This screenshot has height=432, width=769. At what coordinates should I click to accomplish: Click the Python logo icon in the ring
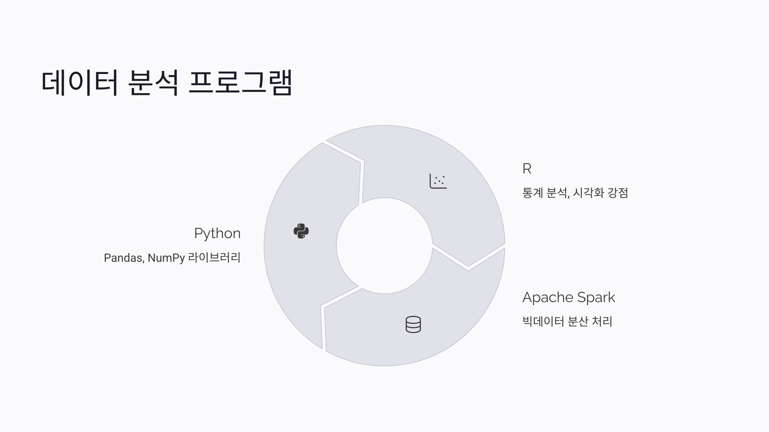[x=301, y=231]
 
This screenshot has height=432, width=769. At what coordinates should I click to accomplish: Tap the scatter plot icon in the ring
[x=438, y=181]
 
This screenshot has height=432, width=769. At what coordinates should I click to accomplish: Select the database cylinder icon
[x=413, y=324]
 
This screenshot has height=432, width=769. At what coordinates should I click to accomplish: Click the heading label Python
[x=217, y=233]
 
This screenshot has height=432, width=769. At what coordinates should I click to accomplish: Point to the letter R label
[x=527, y=169]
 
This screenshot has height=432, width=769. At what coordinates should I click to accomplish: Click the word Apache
[x=548, y=298]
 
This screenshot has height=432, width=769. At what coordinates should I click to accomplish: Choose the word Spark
[x=596, y=298]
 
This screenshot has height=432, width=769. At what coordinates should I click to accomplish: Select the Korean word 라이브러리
[x=214, y=258]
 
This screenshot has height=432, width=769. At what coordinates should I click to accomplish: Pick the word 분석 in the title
[x=153, y=83]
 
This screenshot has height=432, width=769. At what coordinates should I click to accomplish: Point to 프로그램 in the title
[x=240, y=83]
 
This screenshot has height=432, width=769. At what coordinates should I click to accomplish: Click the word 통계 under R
[x=533, y=193]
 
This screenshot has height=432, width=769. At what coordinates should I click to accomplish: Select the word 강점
[x=618, y=193]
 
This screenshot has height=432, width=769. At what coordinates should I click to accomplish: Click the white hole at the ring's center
[x=384, y=246]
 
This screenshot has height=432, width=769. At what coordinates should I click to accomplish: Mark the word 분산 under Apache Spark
[x=578, y=321]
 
